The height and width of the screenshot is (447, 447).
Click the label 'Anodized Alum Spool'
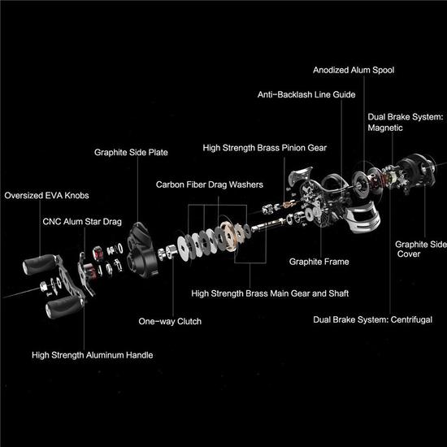tap(355, 70)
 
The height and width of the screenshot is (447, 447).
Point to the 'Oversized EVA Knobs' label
tap(47, 195)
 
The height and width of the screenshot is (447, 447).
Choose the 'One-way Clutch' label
tap(170, 321)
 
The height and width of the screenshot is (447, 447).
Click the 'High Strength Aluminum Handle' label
tap(92, 354)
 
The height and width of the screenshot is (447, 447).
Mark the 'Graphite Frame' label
tap(319, 262)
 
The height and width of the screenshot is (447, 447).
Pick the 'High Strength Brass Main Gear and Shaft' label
tap(263, 293)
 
